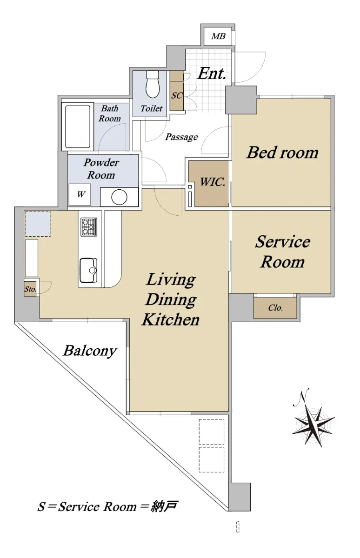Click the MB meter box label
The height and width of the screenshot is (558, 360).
[x=218, y=36]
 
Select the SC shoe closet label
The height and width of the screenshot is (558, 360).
[x=177, y=95]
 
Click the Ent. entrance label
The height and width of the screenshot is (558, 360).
[x=212, y=73]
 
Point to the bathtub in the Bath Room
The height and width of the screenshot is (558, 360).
[x=78, y=127]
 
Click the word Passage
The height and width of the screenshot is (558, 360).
[x=181, y=137]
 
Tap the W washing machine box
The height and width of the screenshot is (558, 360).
[x=80, y=194]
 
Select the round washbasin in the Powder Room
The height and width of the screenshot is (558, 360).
[x=120, y=197]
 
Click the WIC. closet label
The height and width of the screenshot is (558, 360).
[x=213, y=182]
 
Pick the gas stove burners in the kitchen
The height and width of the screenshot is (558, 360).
[x=88, y=227]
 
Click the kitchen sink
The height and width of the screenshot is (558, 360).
[x=88, y=270]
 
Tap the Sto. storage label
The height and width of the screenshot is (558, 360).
[x=30, y=289]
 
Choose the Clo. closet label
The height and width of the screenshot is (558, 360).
[x=275, y=308]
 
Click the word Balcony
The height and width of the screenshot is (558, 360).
[x=90, y=351]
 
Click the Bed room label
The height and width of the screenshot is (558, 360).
[x=282, y=152]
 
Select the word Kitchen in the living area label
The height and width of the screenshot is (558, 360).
[x=171, y=319]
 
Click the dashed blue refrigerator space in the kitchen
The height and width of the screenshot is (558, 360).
[x=38, y=224]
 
